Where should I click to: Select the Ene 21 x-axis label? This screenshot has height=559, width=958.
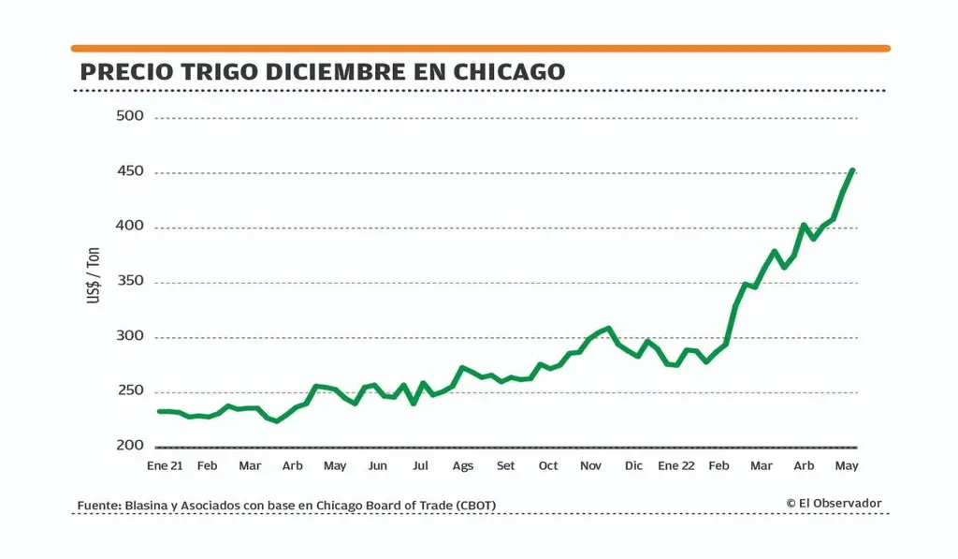pos(165,465)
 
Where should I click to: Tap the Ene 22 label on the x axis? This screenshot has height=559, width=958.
pos(675,465)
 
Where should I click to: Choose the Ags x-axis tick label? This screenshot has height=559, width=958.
pos(463,465)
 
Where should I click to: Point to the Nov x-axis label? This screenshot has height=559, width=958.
pos(590,465)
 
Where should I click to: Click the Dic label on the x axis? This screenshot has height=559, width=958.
pos(633,465)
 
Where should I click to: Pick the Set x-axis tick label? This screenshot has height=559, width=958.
pos(505,465)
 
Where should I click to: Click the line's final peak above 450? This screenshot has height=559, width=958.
pos(852,170)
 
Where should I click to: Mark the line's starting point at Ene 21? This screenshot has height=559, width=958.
pos(159,411)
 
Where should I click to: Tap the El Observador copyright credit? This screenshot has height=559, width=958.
pos(834,504)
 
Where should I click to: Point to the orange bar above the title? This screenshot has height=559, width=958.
pos(480,48)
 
